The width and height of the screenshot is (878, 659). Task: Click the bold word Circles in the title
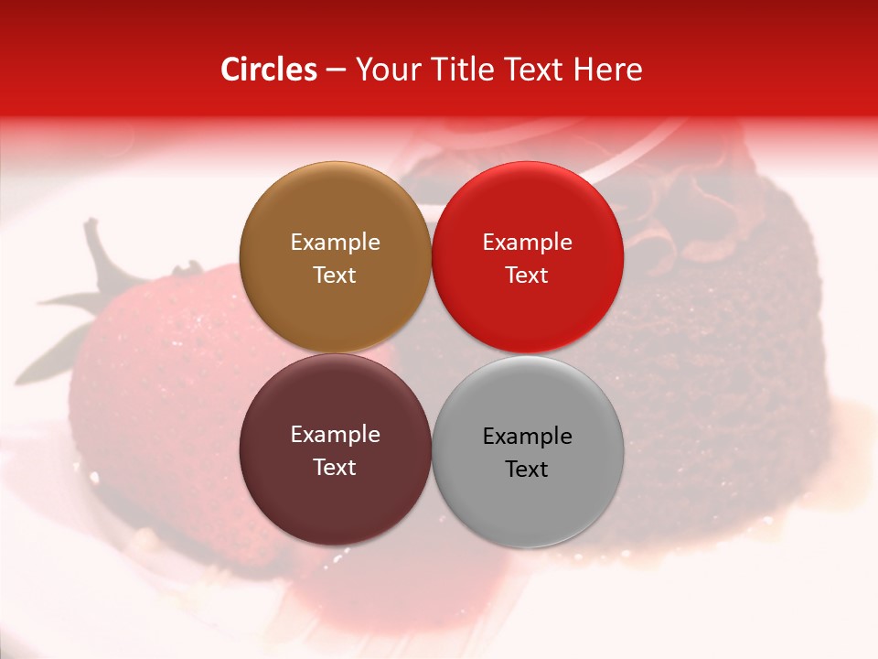tap(268, 70)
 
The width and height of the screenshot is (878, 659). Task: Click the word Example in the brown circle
tap(335, 242)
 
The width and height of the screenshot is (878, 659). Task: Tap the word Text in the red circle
tap(527, 275)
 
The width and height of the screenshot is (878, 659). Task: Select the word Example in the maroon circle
tap(335, 434)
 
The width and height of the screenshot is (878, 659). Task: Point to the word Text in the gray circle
tap(527, 469)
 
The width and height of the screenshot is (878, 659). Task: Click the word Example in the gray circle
tap(527, 436)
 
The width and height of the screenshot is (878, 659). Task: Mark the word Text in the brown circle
tap(335, 275)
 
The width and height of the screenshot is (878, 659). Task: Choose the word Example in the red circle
tap(527, 242)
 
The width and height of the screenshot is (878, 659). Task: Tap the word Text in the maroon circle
tap(335, 467)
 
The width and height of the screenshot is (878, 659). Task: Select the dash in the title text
tap(336, 70)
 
